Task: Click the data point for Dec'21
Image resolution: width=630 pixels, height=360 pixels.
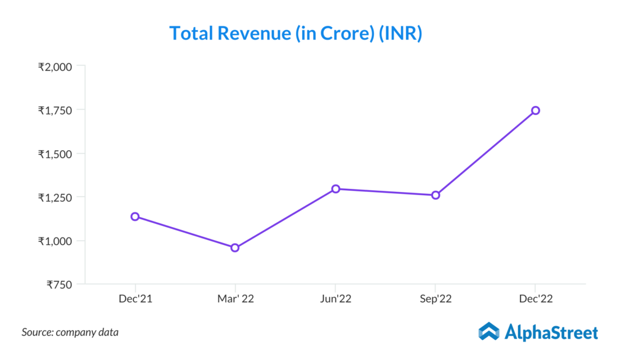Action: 135,217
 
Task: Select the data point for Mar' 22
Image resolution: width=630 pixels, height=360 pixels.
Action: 235,248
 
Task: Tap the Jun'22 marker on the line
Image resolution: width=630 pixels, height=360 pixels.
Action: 335,189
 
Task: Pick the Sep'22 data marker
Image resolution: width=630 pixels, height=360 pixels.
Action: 436,195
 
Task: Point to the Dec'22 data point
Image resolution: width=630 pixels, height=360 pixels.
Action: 535,110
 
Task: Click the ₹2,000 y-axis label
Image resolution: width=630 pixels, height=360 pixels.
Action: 55,66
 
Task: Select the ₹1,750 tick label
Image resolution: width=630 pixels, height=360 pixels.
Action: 55,110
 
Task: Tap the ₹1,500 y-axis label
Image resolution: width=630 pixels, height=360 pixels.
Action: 55,154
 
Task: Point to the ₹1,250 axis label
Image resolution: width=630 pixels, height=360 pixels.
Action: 55,198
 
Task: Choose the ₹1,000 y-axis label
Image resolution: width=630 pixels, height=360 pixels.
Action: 55,241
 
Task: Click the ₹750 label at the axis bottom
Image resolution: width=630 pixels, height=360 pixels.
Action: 60,284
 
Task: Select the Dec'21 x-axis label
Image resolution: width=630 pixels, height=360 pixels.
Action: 135,299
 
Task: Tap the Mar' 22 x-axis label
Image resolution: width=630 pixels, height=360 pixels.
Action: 235,299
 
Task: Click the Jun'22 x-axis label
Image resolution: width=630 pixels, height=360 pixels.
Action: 335,299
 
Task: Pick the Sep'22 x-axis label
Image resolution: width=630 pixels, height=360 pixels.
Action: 436,299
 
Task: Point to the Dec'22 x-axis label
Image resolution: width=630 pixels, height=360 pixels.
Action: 535,299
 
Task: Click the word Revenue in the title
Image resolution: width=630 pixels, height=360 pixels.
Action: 250,33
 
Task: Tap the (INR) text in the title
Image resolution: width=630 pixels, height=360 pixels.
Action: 399,33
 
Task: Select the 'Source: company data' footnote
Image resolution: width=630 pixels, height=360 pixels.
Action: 70,332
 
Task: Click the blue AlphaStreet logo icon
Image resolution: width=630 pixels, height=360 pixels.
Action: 488,332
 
